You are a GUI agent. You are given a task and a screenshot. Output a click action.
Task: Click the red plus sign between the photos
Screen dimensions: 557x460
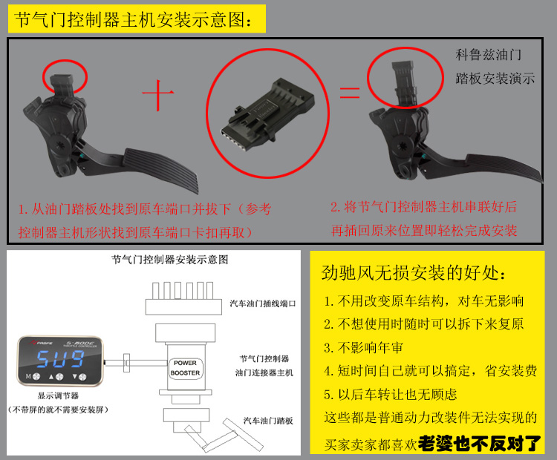point(158,94)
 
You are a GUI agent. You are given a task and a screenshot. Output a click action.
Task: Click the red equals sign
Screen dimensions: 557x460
point(350,92)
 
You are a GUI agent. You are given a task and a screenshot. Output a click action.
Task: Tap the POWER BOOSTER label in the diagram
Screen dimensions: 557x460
point(185,368)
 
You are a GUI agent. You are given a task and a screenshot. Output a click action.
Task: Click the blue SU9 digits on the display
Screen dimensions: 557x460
point(60,358)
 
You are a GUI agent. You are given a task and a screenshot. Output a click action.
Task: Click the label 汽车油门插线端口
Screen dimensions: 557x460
point(262,303)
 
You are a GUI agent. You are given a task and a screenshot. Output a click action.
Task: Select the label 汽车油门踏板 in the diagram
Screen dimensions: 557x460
point(268,421)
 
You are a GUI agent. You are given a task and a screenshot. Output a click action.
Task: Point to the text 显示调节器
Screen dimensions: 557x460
point(58,395)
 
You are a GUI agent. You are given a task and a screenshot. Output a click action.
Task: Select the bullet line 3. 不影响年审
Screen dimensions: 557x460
point(363,348)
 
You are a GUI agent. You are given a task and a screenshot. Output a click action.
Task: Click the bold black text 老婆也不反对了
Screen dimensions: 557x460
point(480,444)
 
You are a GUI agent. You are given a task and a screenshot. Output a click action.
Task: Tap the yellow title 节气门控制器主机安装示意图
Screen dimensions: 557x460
point(134,19)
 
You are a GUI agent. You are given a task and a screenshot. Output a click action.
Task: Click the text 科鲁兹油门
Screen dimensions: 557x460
point(488,55)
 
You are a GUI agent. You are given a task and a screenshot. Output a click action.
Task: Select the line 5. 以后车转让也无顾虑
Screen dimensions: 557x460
point(390,395)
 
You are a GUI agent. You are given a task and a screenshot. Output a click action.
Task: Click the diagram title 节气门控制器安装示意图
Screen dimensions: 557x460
point(170,260)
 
